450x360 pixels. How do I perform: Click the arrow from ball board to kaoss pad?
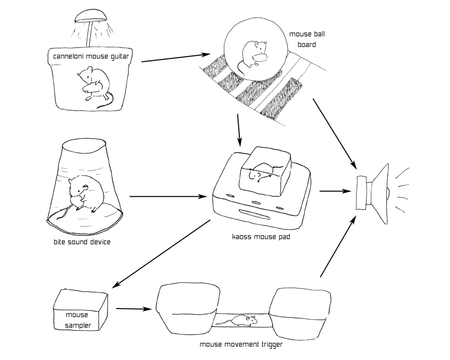coord(239,130)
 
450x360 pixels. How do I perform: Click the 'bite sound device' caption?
coord(82,242)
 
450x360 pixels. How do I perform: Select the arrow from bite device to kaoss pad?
coord(168,196)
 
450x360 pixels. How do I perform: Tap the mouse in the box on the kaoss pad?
coord(261,173)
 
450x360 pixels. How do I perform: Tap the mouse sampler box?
coord(80,310)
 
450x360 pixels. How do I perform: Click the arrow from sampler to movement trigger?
coord(134,310)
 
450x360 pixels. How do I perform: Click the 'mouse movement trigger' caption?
coord(240,345)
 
